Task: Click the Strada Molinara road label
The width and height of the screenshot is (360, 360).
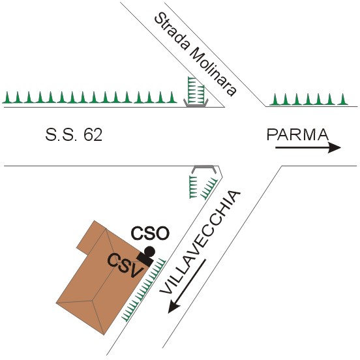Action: tap(195, 54)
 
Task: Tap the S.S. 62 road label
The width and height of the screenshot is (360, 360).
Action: tap(74, 134)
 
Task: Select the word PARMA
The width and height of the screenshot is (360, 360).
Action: tap(297, 134)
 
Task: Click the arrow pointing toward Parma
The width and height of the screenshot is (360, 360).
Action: tap(308, 147)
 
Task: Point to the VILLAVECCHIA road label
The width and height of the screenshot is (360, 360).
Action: tap(200, 242)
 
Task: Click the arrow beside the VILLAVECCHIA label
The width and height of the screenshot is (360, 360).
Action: tap(187, 286)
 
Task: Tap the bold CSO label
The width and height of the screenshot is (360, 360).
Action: tap(150, 233)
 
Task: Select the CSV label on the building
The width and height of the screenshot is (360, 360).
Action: tap(126, 265)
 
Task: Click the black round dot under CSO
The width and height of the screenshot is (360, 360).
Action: tap(149, 252)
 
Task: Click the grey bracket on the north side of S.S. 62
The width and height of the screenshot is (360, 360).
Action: tap(196, 104)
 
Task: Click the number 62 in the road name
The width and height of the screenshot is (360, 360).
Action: tap(93, 134)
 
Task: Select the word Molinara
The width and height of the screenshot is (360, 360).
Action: tap(213, 71)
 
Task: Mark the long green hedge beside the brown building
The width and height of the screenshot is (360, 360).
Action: tap(143, 290)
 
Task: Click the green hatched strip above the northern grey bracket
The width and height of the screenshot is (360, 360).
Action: tap(196, 90)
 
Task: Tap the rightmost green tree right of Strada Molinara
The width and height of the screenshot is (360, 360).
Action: tap(343, 99)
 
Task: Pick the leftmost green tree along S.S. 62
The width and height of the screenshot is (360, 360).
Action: tap(7, 97)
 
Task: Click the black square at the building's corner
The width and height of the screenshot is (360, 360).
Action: tap(145, 260)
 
